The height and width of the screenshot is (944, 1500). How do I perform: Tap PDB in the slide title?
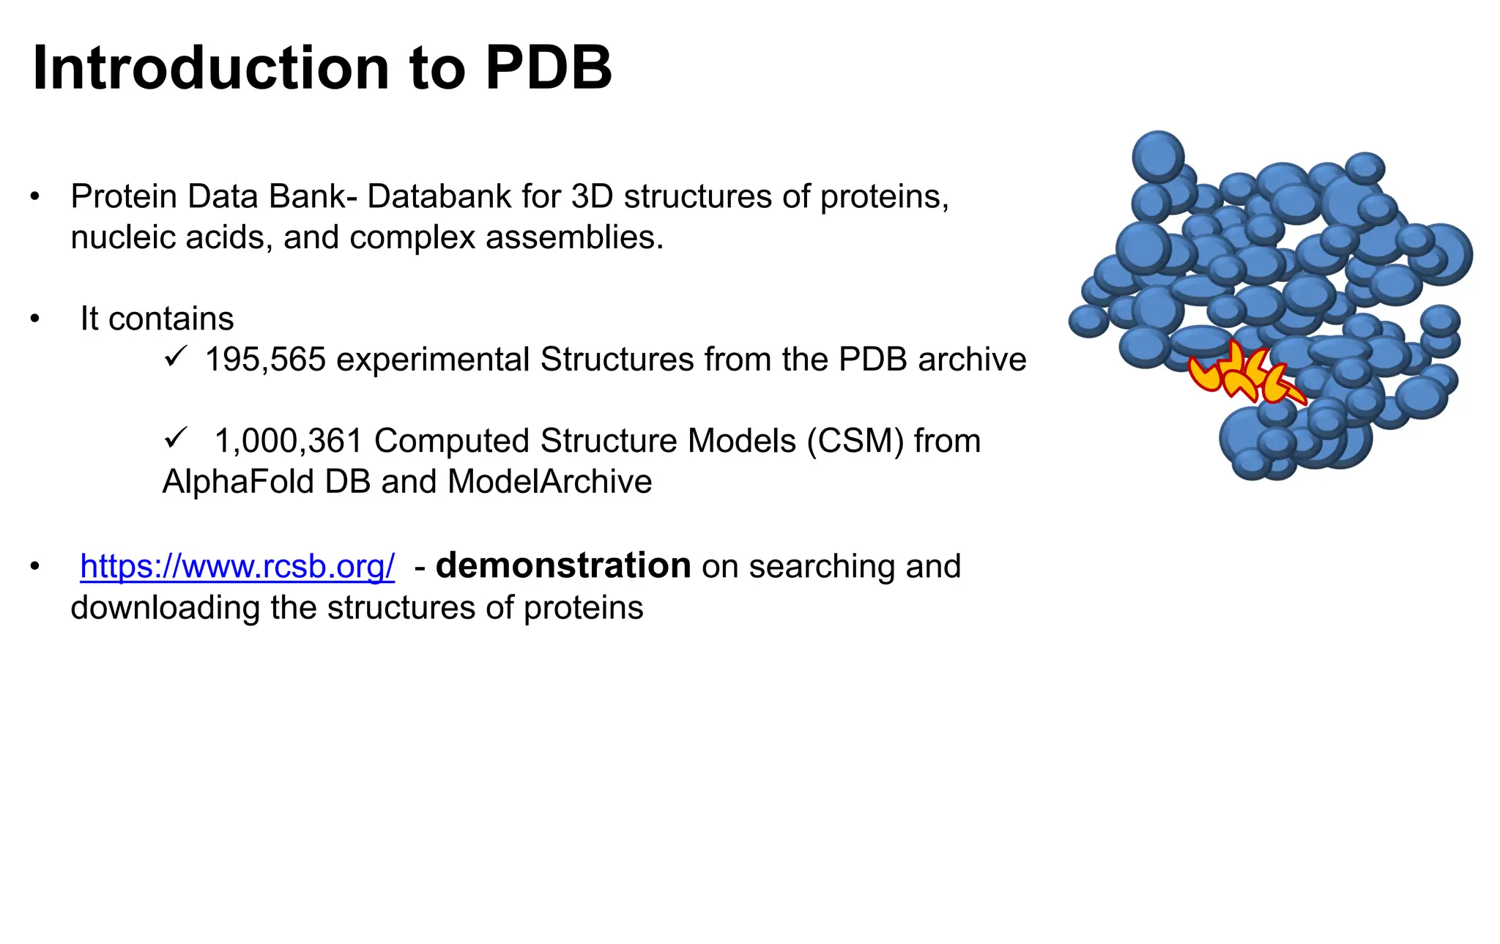tap(549, 68)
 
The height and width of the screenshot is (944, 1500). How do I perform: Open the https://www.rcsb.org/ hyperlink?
tap(237, 566)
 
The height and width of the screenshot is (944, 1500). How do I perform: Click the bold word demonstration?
tap(563, 565)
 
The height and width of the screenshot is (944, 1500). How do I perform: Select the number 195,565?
tap(265, 360)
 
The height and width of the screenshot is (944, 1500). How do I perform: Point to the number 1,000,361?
tap(289, 441)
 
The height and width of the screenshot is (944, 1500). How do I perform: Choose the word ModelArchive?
tap(549, 482)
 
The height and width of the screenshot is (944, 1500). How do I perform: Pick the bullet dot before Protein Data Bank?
tap(34, 197)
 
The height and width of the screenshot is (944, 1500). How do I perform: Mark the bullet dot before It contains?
tap(34, 319)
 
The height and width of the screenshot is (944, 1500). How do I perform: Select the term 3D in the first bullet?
tap(592, 196)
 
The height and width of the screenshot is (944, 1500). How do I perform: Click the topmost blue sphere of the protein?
tap(1158, 156)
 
